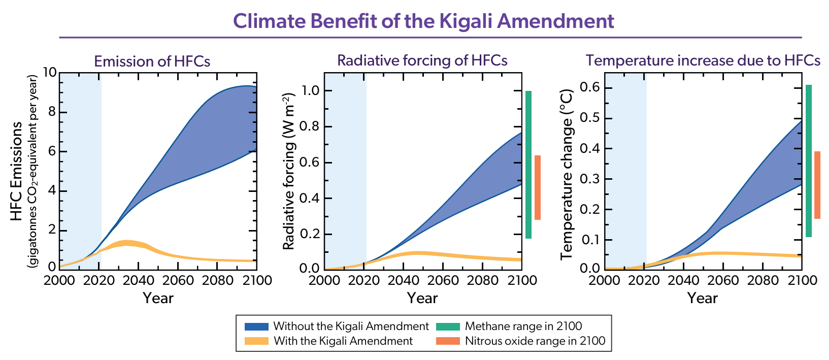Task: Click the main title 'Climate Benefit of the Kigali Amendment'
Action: pos(423,21)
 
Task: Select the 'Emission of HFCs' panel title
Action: pos(152,61)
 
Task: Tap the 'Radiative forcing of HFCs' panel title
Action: pos(422,60)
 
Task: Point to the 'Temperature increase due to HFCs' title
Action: pos(703,60)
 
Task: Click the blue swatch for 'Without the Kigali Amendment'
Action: pos(256,326)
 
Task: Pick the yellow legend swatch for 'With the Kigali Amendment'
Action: pos(256,341)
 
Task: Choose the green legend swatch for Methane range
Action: pos(448,326)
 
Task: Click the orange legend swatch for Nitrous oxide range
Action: pos(448,341)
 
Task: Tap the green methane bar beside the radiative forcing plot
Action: pos(528,165)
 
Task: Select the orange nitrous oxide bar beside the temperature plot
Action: pos(817,185)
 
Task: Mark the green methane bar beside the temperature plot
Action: pos(809,161)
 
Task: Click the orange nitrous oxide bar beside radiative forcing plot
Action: pos(538,187)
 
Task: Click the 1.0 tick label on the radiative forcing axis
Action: pos(309,91)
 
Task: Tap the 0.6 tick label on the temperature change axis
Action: pos(590,88)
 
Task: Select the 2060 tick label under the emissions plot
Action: pos(178,280)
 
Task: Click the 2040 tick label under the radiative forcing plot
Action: pos(404,280)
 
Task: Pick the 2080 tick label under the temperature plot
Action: pos(762,280)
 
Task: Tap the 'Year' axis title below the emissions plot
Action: pos(158,298)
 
